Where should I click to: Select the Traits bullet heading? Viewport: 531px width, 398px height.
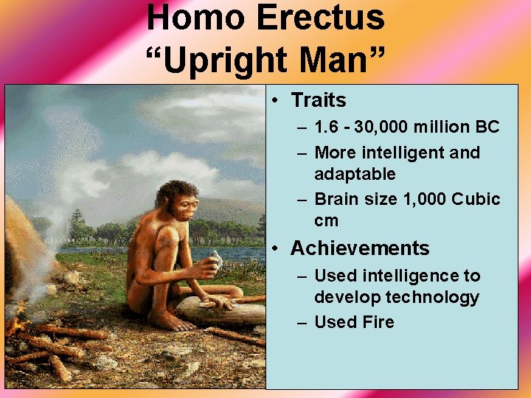coord(318,99)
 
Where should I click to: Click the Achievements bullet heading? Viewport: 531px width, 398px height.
coord(360,248)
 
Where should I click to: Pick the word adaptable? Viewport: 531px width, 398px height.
coord(355,174)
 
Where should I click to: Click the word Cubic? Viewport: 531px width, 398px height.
coord(476,199)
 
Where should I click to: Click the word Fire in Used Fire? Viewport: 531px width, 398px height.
coord(378,322)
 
